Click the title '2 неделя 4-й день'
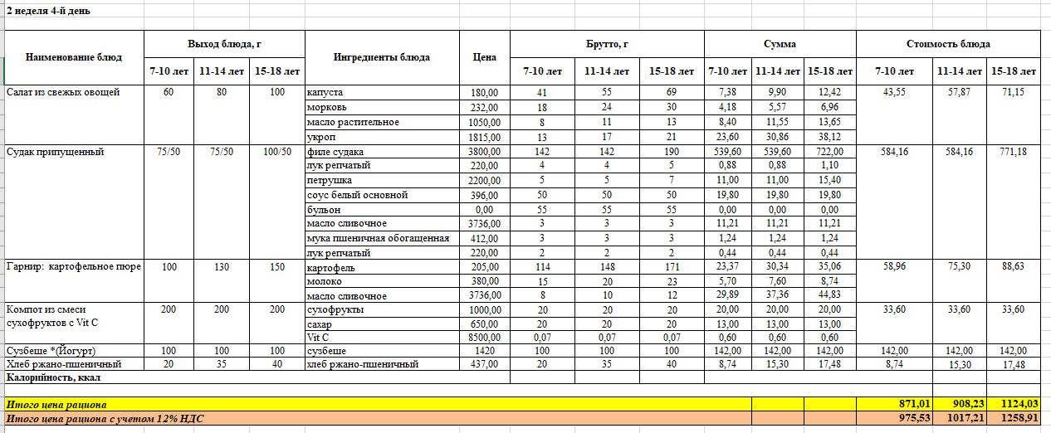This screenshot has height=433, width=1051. click(48, 11)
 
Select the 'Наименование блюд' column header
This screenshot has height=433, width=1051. click(74, 57)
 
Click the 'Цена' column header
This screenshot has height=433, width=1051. click(484, 57)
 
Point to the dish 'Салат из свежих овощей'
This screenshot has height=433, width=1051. click(62, 92)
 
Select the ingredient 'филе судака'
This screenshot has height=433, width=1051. click(335, 152)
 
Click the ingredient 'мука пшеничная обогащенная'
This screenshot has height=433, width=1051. click(378, 238)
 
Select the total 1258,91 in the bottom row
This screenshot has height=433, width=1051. click(1017, 419)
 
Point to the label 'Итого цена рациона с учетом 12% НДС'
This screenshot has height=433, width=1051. click(105, 419)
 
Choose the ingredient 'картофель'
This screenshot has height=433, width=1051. click(330, 266)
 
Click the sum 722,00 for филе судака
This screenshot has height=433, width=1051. click(830, 152)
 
